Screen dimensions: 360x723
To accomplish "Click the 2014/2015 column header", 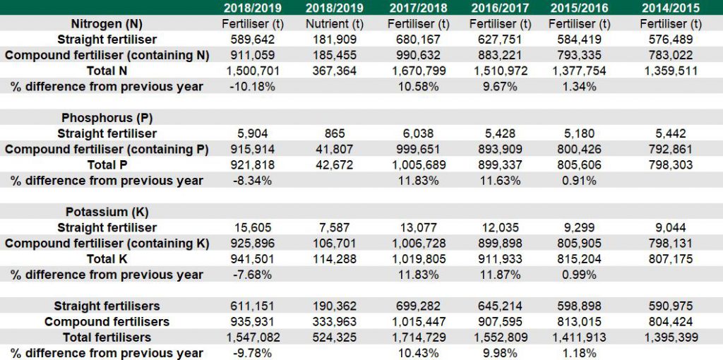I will click(671, 8).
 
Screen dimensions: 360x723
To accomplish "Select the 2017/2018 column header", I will click(418, 8).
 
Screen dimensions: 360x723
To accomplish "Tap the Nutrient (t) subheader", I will click(335, 24).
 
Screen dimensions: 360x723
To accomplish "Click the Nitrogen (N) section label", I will click(107, 24).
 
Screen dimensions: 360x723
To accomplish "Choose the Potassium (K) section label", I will click(107, 212).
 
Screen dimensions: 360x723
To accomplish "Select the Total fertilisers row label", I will click(107, 337).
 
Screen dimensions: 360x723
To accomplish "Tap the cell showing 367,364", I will click(335, 71).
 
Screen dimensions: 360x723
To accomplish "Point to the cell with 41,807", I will click(335, 149).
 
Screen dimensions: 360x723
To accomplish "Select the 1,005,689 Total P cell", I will click(418, 165).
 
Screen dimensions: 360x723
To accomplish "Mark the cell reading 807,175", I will click(671, 259).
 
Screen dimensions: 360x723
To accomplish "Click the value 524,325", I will click(335, 337).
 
